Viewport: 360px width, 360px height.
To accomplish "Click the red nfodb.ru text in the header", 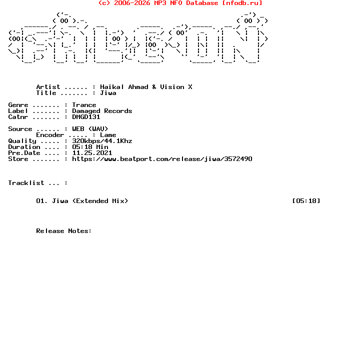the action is point(242,3).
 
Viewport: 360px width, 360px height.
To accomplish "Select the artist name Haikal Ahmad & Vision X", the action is point(146,87).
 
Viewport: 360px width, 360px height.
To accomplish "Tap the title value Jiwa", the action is point(108,93).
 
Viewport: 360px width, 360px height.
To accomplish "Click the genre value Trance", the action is point(84,105).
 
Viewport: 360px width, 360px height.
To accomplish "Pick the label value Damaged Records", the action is point(102,111).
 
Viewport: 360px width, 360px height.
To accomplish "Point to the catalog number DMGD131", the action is point(86,117).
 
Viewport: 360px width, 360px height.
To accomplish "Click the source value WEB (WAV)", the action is point(90,129).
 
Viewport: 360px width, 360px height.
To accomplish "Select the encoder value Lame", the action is point(108,135).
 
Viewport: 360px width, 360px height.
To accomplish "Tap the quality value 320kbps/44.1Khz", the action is point(102,141).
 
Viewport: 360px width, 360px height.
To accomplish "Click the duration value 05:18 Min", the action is point(90,147).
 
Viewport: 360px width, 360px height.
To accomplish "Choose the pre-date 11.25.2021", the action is point(92,153).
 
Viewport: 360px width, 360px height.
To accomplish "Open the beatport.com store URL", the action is point(162,159).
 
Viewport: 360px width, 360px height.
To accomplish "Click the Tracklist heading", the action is point(26,183).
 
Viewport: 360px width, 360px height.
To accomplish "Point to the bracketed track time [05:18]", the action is point(306,201).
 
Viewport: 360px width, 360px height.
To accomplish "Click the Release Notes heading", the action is point(64,231).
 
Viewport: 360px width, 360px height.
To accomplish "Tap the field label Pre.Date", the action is point(24,153).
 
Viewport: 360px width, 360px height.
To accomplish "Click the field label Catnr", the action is point(18,117).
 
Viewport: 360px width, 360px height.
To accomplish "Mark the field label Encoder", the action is point(50,135).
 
